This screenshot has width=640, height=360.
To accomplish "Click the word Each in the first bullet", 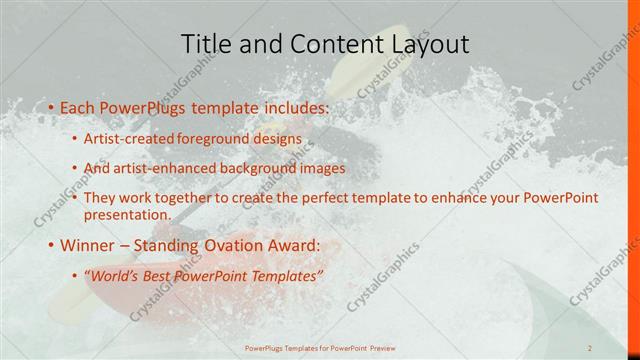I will [x=79, y=105].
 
